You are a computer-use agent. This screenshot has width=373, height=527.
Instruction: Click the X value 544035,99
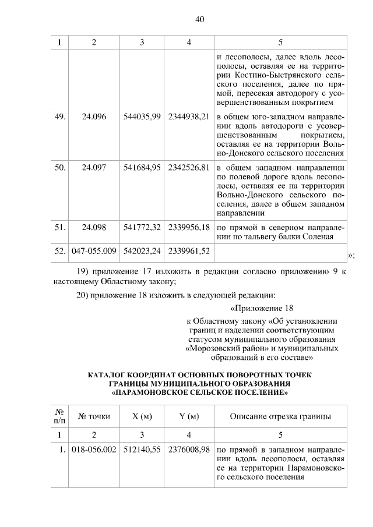[x=142, y=116]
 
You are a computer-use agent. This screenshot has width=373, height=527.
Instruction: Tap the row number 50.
[x=59, y=168]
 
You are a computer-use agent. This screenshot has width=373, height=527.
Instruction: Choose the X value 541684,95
[x=142, y=168]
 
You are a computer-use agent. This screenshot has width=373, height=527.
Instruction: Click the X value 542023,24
[x=142, y=252]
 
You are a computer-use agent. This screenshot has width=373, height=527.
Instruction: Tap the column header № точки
[x=94, y=416]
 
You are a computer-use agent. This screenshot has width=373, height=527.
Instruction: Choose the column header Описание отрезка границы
[x=280, y=416]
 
